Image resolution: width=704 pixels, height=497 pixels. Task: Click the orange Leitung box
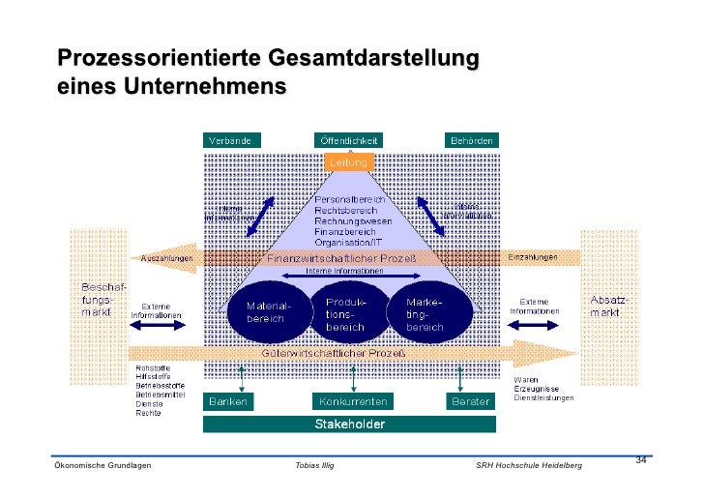pyautogui.click(x=348, y=162)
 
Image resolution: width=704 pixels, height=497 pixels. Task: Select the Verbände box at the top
pyautogui.click(x=229, y=140)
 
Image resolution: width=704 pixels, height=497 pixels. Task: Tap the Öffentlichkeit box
pyautogui.click(x=348, y=140)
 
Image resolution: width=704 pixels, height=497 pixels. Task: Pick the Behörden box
pyautogui.click(x=471, y=140)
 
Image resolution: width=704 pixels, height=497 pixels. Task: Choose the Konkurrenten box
pyautogui.click(x=352, y=400)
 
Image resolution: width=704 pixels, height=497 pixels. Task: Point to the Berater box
pyautogui.click(x=470, y=400)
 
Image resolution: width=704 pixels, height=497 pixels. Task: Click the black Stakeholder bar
pyautogui.click(x=349, y=424)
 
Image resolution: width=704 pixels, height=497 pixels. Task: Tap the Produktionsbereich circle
pyautogui.click(x=345, y=312)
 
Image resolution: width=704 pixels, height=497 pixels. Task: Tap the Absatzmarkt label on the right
pyautogui.click(x=609, y=306)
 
